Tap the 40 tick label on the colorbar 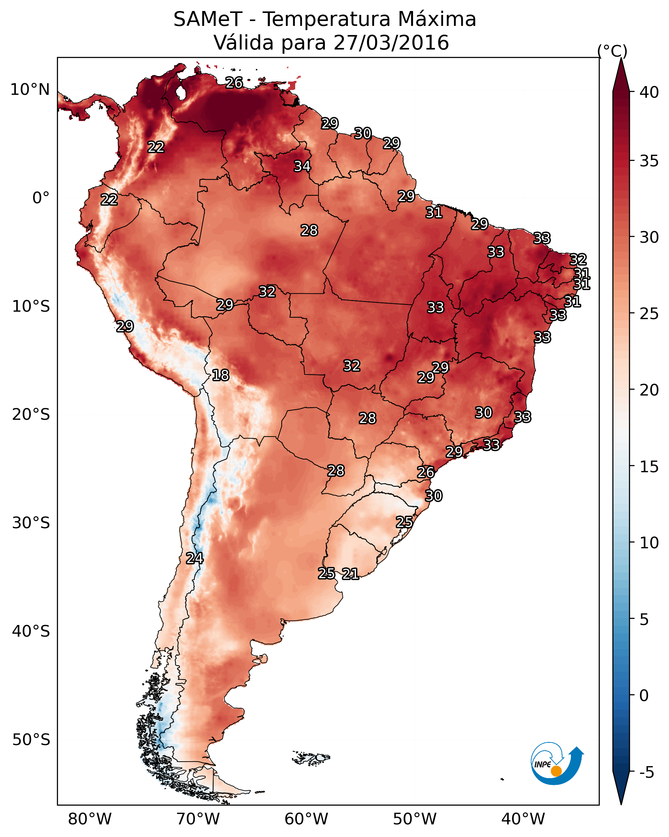tap(649, 92)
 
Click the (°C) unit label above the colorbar tap(612, 51)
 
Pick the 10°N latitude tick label tap(30, 90)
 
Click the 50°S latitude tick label tap(31, 740)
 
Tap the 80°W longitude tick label tap(90, 819)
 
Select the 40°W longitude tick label tap(523, 819)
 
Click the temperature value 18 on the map tap(220, 375)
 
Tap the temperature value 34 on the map tap(302, 166)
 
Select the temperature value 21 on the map tap(350, 574)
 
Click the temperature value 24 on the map tap(195, 558)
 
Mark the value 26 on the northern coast tap(234, 83)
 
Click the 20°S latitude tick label tap(31, 415)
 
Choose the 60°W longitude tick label tap(307, 819)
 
